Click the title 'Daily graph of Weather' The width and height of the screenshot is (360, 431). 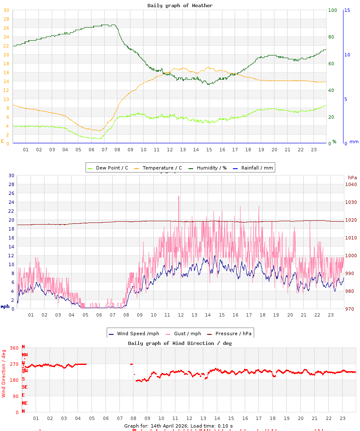(180, 6)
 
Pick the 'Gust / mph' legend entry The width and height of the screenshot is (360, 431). (187, 334)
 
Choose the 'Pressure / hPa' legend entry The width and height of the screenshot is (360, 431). (233, 334)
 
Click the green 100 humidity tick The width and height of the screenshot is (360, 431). (332, 10)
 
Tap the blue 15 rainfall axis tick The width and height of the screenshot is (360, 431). (347, 10)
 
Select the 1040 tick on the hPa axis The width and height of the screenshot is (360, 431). (351, 184)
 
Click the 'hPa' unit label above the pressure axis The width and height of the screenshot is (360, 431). (352, 177)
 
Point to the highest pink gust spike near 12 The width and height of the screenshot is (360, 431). (179, 197)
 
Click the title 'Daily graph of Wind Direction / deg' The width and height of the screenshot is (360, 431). (180, 343)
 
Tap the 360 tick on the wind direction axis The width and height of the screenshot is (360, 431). (14, 348)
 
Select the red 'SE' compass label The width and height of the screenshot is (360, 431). (25, 387)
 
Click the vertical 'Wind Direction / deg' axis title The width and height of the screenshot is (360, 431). (4, 373)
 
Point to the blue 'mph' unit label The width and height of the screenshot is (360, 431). (5, 306)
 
